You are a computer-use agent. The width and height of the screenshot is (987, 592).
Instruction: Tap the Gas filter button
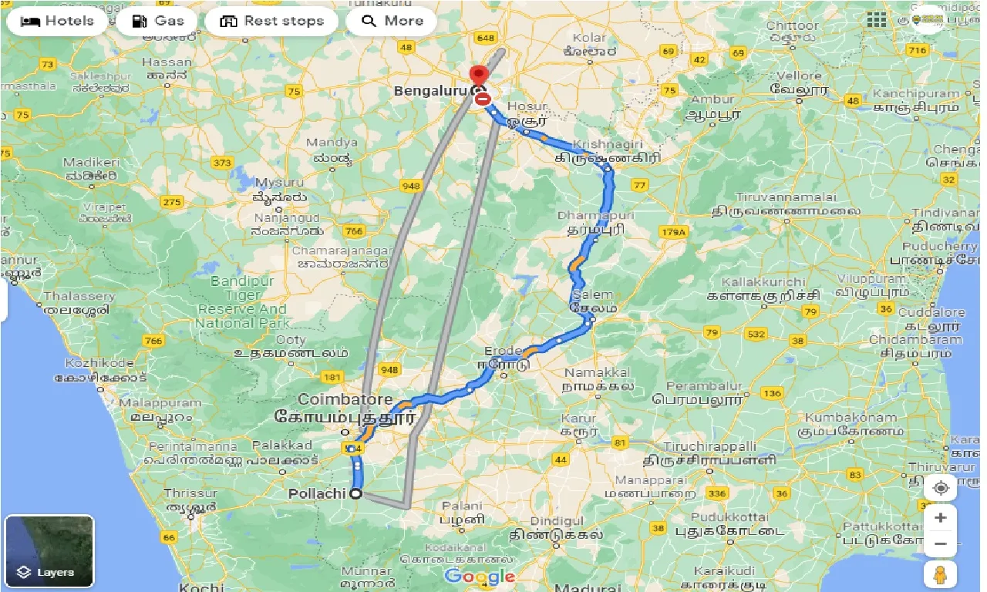tap(157, 21)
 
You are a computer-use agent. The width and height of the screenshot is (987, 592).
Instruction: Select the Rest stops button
tap(271, 21)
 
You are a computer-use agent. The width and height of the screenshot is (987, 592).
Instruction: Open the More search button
tap(392, 21)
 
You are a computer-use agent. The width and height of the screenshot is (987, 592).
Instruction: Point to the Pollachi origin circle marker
tap(356, 494)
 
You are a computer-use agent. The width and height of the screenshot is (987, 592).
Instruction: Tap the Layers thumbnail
tap(49, 551)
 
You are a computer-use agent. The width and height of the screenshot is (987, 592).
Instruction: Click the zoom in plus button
tap(940, 518)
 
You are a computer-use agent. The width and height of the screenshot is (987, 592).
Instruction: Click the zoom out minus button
tap(940, 544)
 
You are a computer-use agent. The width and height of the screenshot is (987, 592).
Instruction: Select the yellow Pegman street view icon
tap(940, 575)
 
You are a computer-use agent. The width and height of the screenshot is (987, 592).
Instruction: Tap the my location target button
tap(940, 488)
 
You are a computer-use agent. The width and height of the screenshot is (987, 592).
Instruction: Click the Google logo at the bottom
tap(479, 576)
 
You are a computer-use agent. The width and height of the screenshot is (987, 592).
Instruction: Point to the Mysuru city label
tap(275, 182)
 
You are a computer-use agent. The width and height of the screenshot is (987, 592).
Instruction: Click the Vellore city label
tap(800, 76)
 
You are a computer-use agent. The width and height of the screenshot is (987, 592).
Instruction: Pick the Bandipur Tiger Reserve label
tap(242, 302)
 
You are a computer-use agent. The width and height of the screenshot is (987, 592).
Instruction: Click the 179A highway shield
tap(673, 232)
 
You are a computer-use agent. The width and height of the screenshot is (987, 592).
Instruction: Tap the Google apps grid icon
tap(877, 20)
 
